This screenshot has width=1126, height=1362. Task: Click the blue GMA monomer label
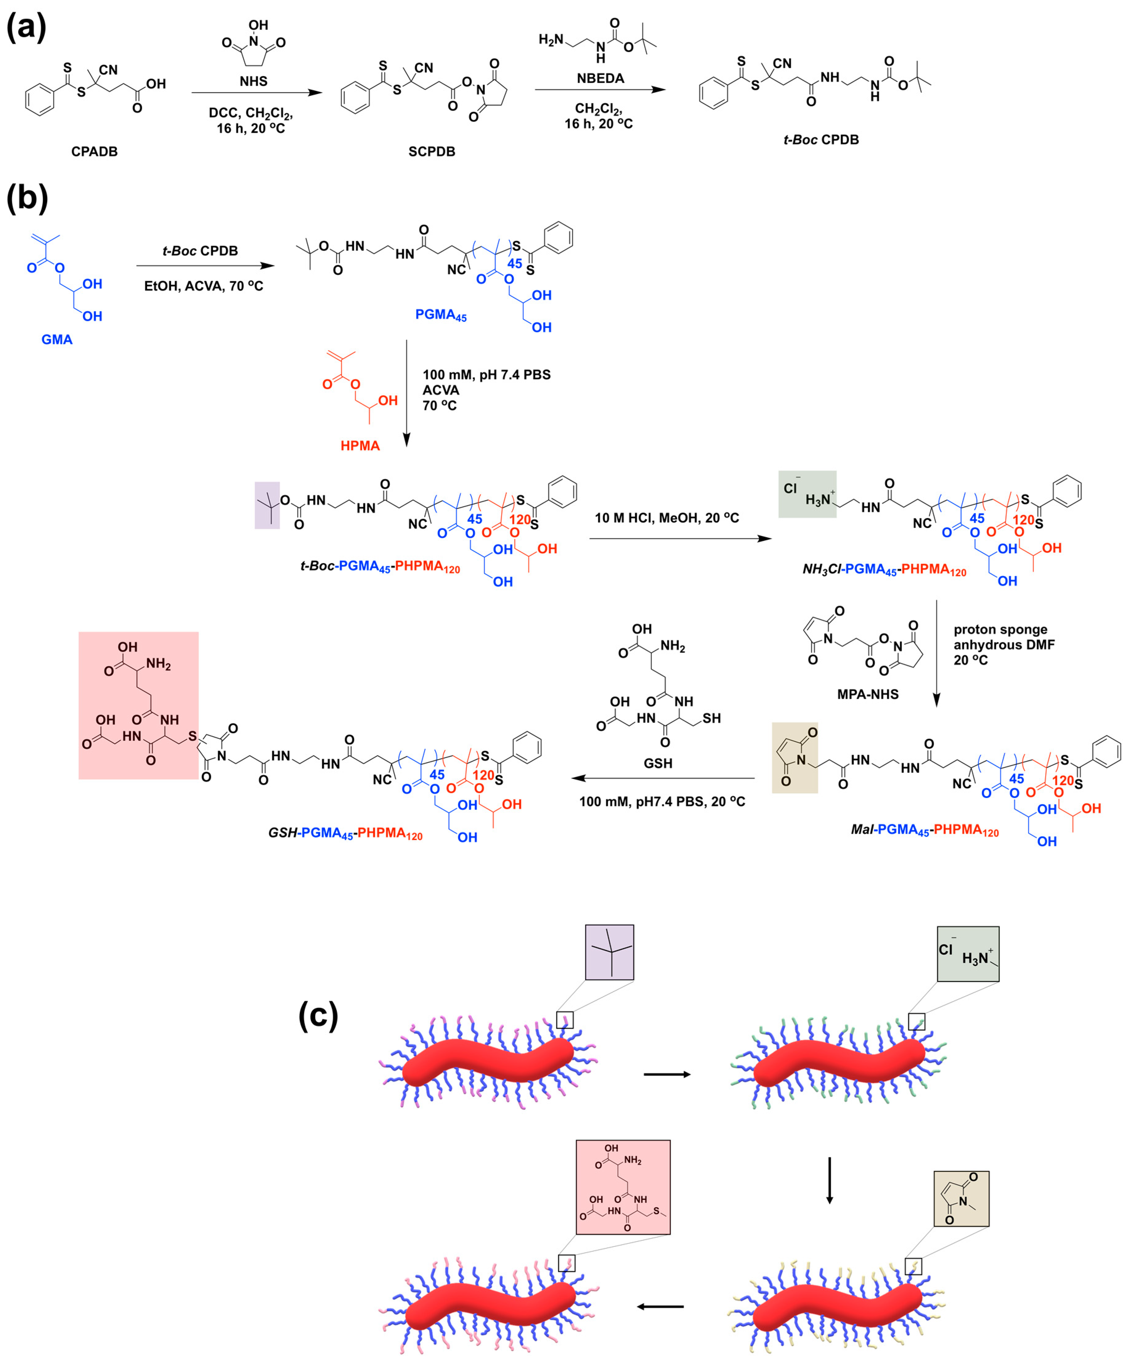point(57,339)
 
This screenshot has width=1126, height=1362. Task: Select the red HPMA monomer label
point(360,446)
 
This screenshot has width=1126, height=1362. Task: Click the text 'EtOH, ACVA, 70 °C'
point(204,286)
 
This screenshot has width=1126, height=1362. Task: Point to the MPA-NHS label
point(867,694)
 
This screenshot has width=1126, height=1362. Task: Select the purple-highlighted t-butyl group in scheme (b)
point(267,505)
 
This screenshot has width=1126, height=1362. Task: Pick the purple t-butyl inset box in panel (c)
point(609,952)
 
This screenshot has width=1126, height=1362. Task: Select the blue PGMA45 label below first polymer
point(441,315)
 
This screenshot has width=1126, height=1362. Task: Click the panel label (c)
point(318,1015)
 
